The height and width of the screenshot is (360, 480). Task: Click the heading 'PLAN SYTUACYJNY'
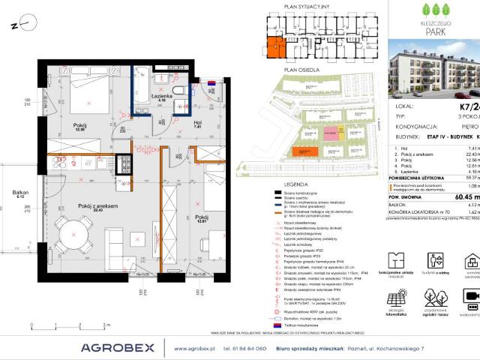click(307, 5)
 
